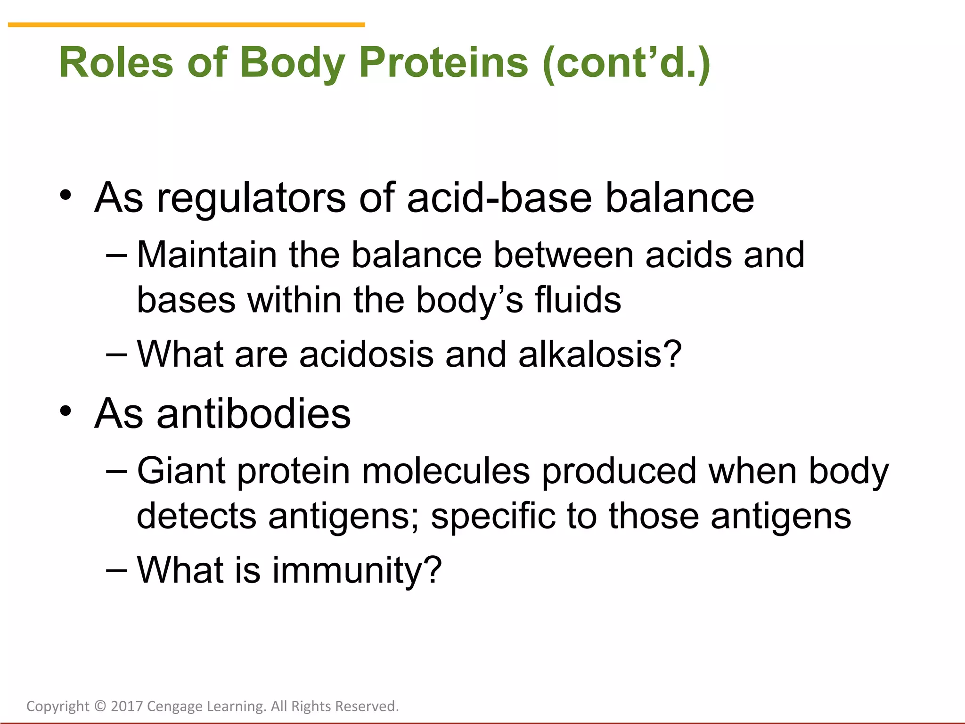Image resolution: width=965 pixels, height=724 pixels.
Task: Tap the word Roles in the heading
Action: (x=116, y=63)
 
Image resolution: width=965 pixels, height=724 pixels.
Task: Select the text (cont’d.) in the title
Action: (x=626, y=63)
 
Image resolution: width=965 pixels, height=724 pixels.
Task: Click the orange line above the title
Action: (x=186, y=25)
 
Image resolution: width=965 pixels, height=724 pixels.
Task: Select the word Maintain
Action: (x=206, y=255)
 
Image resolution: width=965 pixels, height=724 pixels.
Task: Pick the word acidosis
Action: (x=366, y=354)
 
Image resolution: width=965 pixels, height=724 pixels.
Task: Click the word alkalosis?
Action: (x=600, y=354)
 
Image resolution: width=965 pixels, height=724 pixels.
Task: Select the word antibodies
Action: (x=254, y=413)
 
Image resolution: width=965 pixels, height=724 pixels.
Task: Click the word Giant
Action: (x=181, y=471)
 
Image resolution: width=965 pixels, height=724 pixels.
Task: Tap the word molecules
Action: (x=445, y=471)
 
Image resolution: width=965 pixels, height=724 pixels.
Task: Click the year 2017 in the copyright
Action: (x=127, y=706)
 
